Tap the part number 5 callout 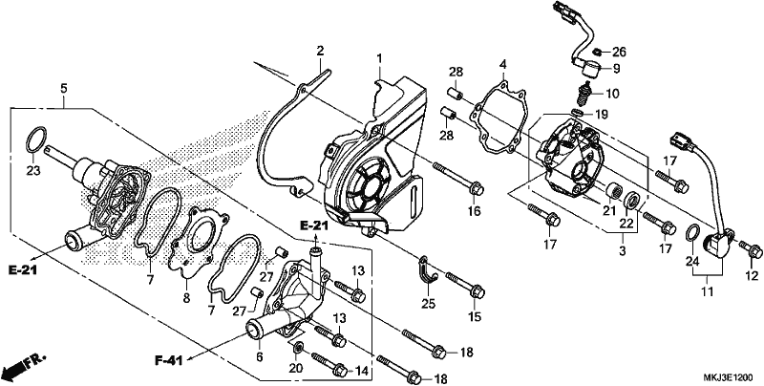coord(64,89)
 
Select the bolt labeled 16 coord(457,177)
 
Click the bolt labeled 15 coord(464,284)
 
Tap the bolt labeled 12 coord(751,249)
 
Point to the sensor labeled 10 coord(583,96)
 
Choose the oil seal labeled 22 coord(632,200)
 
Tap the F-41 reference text coord(169,360)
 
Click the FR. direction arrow coord(23,364)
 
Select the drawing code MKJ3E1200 coord(728,377)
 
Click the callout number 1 coord(378,59)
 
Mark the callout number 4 coord(503,64)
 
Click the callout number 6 coord(260,357)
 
